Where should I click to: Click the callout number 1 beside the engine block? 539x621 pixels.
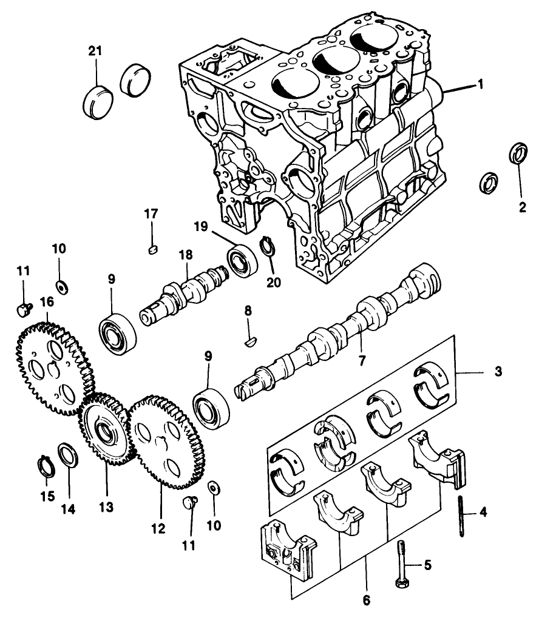tap(480, 84)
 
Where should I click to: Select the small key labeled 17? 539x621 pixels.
tap(153, 247)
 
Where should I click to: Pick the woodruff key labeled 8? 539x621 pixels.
tap(249, 342)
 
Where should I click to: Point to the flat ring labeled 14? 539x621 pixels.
tap(66, 456)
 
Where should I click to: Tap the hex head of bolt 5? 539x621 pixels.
tap(400, 583)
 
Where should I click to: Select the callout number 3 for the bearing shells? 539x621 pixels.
tap(498, 371)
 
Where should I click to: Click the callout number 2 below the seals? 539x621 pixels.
tap(522, 207)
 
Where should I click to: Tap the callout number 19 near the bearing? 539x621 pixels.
tap(201, 227)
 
